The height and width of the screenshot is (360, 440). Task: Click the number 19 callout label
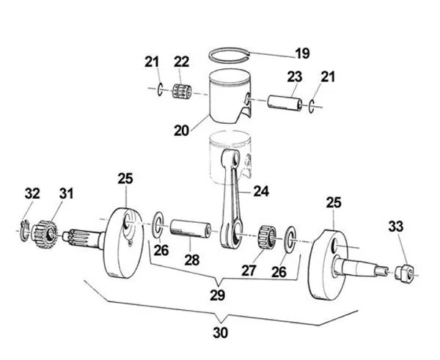pos(301,54)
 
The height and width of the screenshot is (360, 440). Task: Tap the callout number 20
pos(181,131)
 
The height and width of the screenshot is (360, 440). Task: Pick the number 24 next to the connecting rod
pos(261,191)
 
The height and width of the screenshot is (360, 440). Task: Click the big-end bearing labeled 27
pos(270,237)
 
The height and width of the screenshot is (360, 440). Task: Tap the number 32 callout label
pos(32,194)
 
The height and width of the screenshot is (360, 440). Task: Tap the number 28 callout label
pos(191,262)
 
